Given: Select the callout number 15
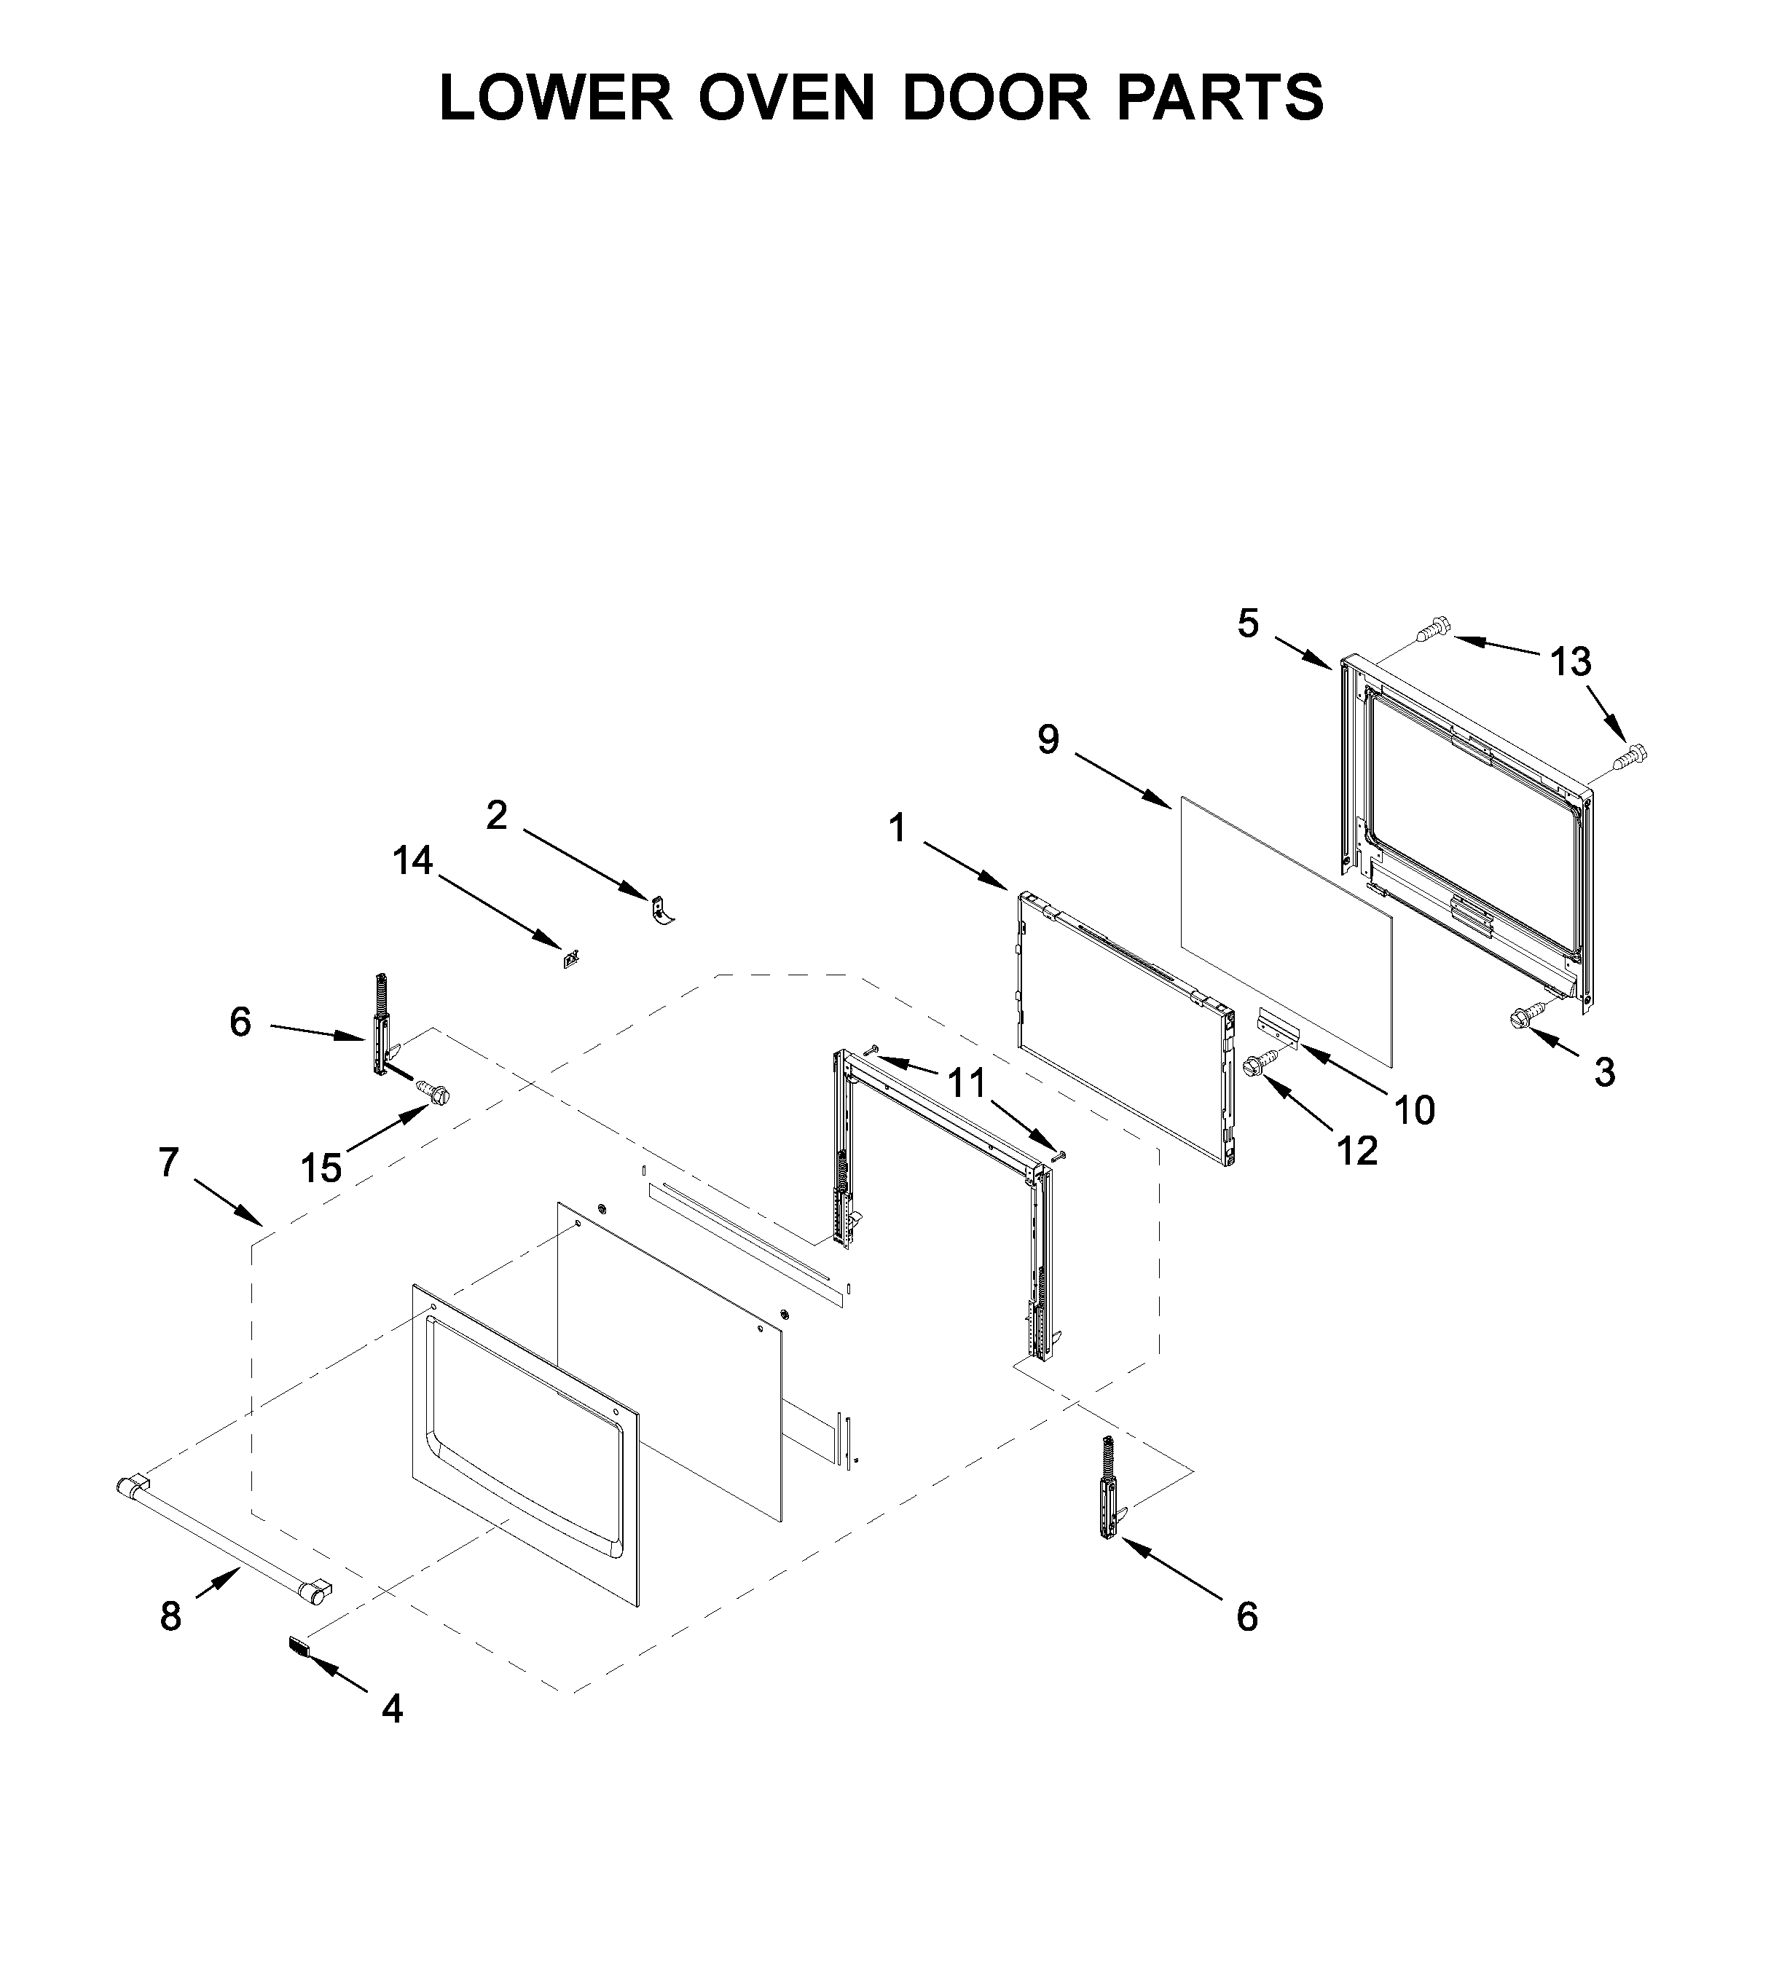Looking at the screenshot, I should pyautogui.click(x=321, y=1168).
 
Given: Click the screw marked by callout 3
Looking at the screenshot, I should pyautogui.click(x=1525, y=1017).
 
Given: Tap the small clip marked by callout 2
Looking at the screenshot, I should pyautogui.click(x=661, y=909).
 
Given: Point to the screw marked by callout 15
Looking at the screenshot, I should pyautogui.click(x=432, y=1092).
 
